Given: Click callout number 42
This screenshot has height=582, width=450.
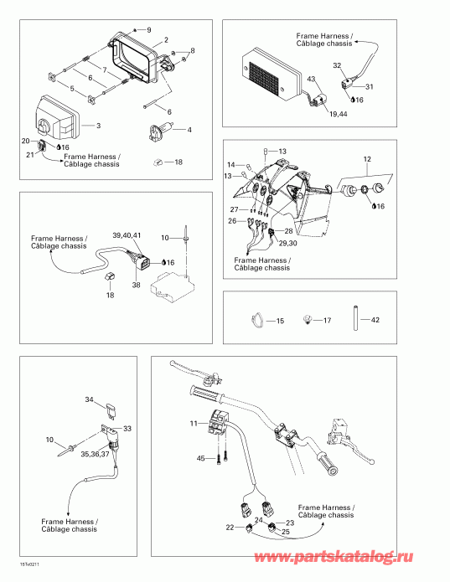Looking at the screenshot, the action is (x=375, y=320).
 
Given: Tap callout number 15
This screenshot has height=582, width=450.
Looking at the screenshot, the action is (x=280, y=321).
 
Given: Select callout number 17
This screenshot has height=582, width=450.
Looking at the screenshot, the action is (x=327, y=321).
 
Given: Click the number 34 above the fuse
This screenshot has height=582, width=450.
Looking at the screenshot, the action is (x=89, y=399).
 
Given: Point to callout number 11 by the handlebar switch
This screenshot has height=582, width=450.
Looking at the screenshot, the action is (x=194, y=423).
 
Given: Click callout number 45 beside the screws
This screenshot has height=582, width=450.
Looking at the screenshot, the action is (x=200, y=459).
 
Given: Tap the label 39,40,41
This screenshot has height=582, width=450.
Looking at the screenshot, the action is (x=127, y=235).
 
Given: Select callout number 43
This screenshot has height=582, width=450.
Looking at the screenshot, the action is (x=311, y=79).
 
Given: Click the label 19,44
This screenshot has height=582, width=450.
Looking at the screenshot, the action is (x=339, y=115).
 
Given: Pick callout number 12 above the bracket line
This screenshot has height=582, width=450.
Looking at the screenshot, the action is (x=367, y=159).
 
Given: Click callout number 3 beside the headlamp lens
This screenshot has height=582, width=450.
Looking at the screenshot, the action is (x=98, y=126).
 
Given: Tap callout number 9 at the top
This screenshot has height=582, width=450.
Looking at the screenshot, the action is (x=149, y=29).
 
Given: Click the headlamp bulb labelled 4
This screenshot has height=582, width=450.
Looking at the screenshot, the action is (x=160, y=131).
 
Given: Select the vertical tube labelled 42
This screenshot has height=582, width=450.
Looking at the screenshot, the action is (x=355, y=317).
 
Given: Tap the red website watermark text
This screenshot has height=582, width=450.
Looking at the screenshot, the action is (x=333, y=557).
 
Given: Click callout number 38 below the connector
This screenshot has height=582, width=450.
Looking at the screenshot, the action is (x=137, y=285).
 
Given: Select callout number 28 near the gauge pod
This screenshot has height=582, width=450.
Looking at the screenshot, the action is (x=288, y=231).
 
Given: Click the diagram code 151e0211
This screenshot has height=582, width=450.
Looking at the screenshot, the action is (x=29, y=564).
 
